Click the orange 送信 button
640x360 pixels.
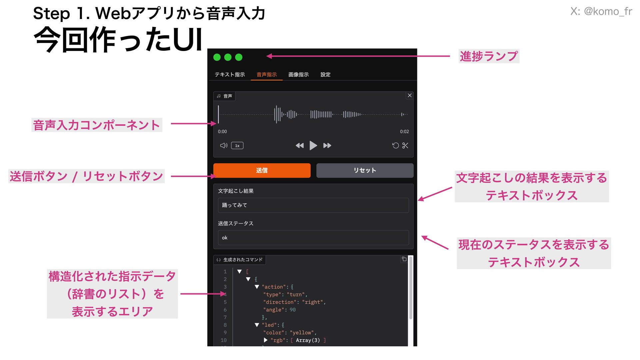(262, 170)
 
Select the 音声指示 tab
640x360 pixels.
(266, 74)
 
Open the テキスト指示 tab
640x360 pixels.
(230, 74)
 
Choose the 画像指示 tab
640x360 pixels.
(298, 74)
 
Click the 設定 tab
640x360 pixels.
(325, 74)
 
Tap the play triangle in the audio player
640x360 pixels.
(313, 145)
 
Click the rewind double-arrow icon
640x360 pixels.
(300, 145)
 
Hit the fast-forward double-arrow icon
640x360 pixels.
(327, 145)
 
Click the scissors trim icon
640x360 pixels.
(405, 145)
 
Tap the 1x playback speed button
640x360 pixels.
(237, 146)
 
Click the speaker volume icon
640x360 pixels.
(224, 145)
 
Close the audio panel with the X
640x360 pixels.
(410, 95)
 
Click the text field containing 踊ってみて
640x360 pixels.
(313, 205)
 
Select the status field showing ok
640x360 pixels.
(313, 238)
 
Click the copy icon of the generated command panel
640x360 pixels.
(404, 259)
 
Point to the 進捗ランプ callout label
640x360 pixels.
(489, 56)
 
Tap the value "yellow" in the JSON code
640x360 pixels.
(302, 333)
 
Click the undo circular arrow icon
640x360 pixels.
(395, 145)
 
